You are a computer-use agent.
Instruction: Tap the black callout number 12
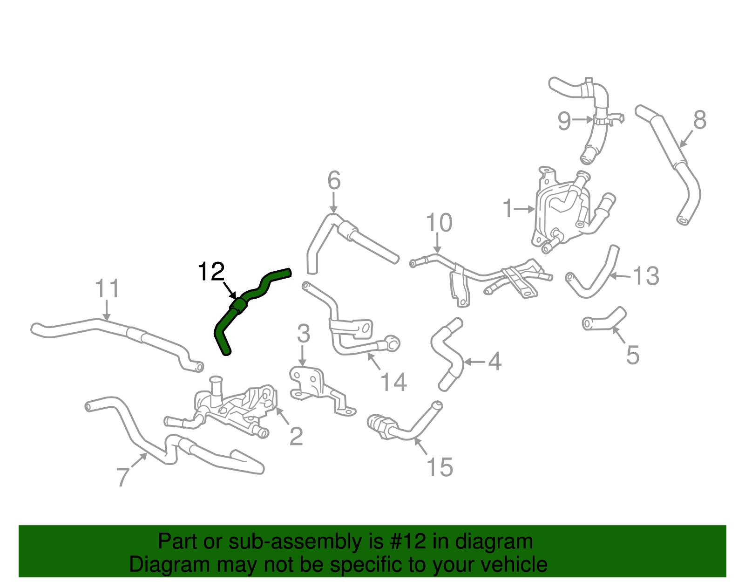(x=211, y=272)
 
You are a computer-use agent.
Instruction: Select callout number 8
(x=700, y=120)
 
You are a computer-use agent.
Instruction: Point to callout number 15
(x=440, y=467)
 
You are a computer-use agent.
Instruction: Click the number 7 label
(x=123, y=477)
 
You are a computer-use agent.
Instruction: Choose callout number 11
(x=107, y=288)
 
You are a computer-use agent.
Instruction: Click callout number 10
(x=439, y=223)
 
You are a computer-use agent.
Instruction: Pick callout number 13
(x=646, y=276)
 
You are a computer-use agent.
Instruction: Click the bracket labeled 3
(x=322, y=390)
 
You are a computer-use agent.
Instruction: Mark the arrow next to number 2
(x=283, y=416)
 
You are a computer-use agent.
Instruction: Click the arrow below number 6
(x=333, y=203)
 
